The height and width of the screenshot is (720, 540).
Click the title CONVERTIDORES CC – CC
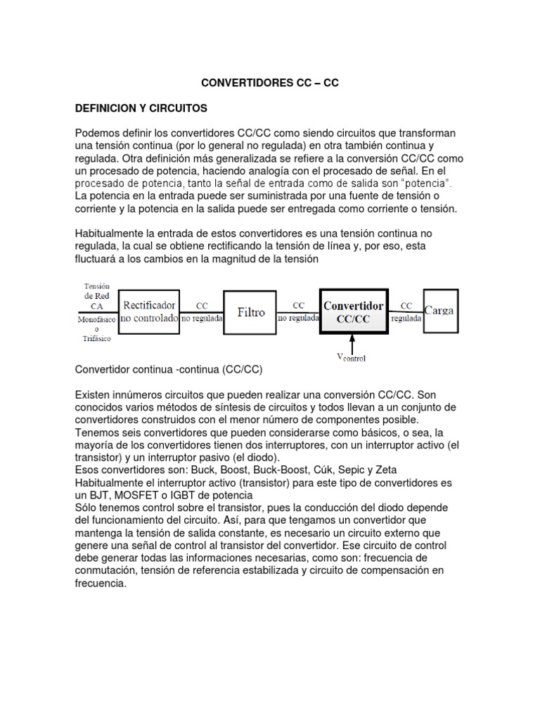tap(270, 82)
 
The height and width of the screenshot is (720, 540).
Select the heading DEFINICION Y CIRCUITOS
tap(141, 109)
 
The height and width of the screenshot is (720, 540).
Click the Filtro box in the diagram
tap(251, 311)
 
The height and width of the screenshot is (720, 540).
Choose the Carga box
tap(439, 310)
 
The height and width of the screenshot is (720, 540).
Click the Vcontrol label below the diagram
tap(351, 357)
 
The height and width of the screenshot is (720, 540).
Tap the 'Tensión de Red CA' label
tap(96, 295)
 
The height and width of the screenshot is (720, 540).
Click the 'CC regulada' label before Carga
tap(406, 311)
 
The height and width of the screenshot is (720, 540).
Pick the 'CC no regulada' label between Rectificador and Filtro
tap(202, 311)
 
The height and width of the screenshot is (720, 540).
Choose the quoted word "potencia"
tap(426, 184)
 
